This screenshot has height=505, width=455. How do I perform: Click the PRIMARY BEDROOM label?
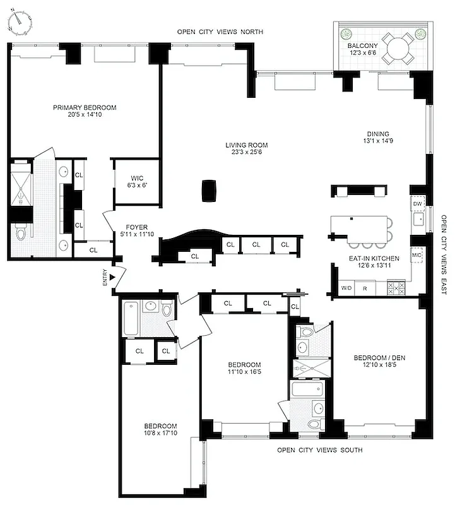pyautogui.click(x=85, y=107)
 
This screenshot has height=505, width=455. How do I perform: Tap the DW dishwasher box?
pyautogui.click(x=417, y=204)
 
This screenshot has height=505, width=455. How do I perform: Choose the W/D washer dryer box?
pyautogui.click(x=346, y=288)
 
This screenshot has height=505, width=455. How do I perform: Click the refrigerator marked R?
pyautogui.click(x=365, y=288)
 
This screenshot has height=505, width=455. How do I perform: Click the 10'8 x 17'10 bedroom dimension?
pyautogui.click(x=160, y=434)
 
